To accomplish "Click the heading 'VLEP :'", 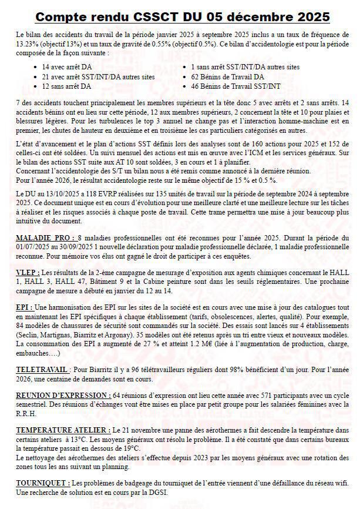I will pos(28,273).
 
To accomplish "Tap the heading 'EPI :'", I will pos(25,307).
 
